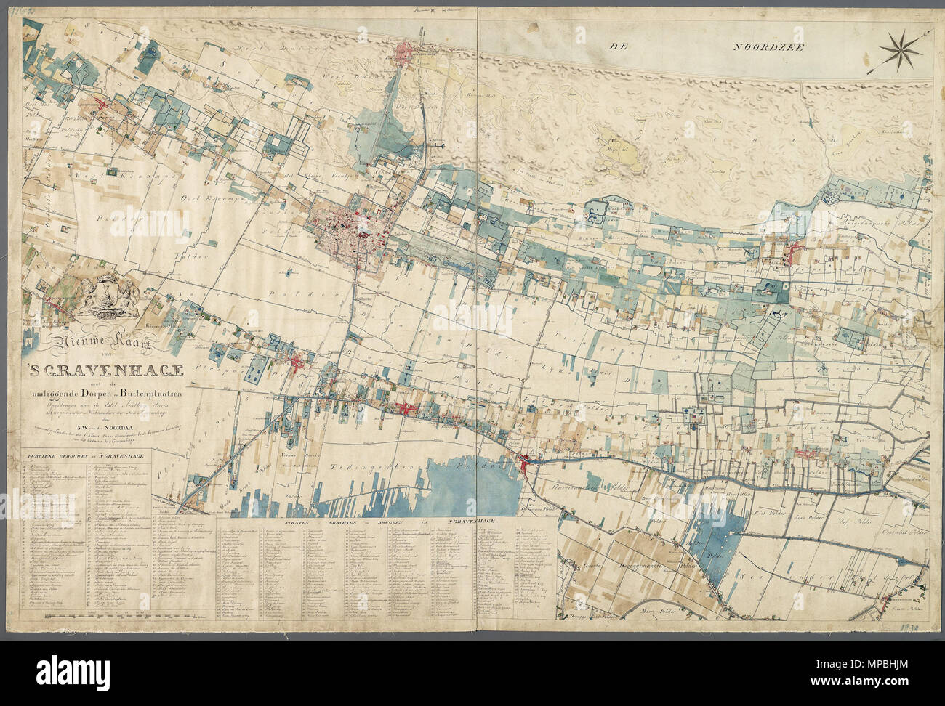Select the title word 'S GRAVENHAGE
tap(105, 372)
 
